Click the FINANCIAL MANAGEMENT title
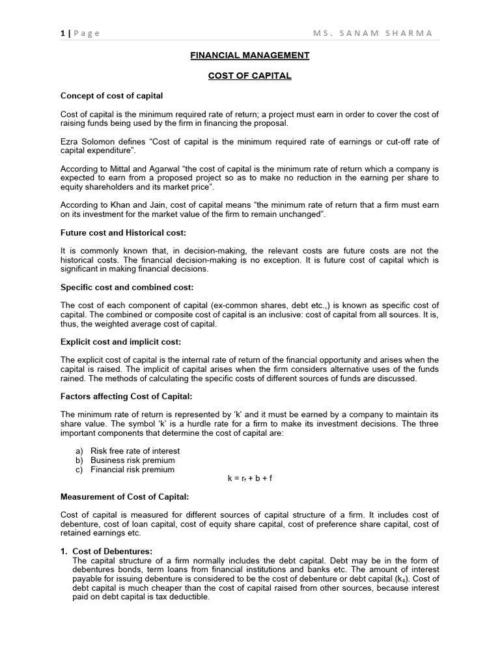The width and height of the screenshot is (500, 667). click(x=249, y=56)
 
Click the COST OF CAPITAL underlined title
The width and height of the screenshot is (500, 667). click(x=249, y=76)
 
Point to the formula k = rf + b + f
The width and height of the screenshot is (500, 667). click(x=249, y=478)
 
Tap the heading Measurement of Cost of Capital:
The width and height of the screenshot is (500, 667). click(x=124, y=497)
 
